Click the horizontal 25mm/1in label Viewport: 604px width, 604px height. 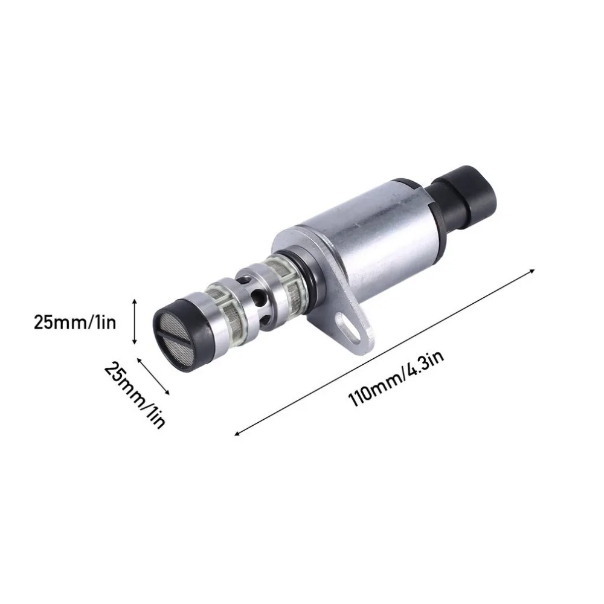click(75, 322)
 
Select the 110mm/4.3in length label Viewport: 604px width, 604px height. click(396, 377)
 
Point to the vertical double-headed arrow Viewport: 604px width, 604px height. click(135, 322)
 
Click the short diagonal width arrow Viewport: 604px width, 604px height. click(153, 376)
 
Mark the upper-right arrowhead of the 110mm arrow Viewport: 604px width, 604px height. click(532, 271)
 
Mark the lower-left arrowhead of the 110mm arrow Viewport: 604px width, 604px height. click(237, 434)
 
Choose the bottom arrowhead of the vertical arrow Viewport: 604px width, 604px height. click(135, 342)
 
